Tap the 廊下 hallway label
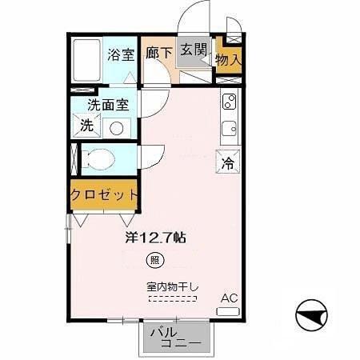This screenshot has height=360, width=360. coord(159,53)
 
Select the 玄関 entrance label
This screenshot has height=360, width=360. coord(193,50)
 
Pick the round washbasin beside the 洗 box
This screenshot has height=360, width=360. coord(116,126)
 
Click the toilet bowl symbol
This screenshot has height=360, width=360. coord(99,158)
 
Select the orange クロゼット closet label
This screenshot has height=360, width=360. coord(104,194)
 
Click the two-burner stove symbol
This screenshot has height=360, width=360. coord(229,102)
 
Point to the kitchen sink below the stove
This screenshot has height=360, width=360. coord(229,128)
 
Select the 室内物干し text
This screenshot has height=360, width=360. coord(172,286)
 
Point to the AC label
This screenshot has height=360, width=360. coord(230,297)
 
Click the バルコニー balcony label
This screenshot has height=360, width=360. coord(173,338)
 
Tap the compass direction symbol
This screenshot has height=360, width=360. coord(312,316)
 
